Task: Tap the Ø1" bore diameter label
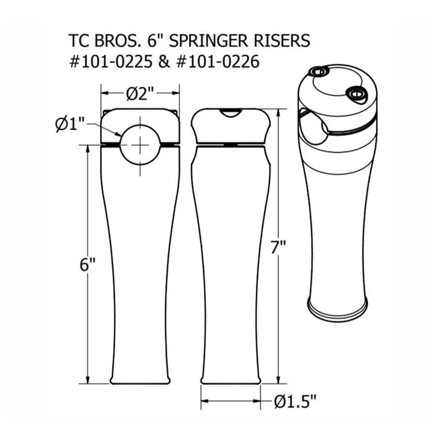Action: [70, 125]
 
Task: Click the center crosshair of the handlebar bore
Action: [140, 144]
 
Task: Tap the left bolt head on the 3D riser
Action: [318, 72]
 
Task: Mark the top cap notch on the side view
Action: [230, 112]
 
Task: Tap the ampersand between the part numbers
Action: [164, 62]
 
